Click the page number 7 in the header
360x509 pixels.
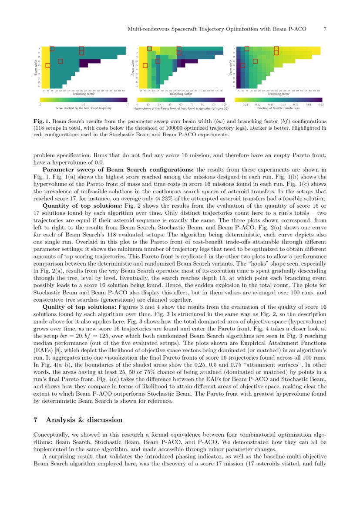click(x=325, y=29)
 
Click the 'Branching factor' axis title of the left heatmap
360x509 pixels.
click(x=84, y=94)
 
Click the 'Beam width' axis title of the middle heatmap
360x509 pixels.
click(x=132, y=67)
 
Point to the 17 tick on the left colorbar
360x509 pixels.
click(x=127, y=104)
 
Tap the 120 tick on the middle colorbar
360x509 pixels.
click(x=224, y=104)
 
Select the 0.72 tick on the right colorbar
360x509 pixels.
click(x=321, y=104)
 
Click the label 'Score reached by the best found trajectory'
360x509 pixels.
click(x=84, y=108)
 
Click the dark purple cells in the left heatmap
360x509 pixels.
click(x=89, y=62)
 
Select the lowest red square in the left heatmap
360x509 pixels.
click(x=47, y=65)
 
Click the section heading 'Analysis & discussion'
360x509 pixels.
click(x=84, y=420)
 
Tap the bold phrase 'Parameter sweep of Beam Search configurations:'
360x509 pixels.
click(x=118, y=169)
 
